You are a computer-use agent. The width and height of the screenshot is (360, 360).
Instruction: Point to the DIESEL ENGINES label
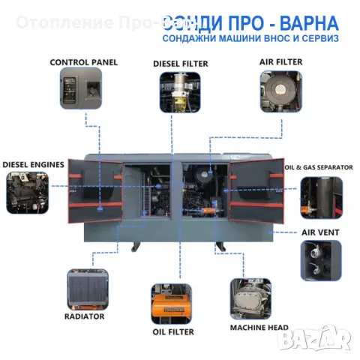(32, 163)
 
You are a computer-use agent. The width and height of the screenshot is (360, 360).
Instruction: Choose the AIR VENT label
(320, 232)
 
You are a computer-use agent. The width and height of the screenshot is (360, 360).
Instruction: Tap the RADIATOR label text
(85, 316)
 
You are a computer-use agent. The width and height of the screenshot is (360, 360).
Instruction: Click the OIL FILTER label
(172, 331)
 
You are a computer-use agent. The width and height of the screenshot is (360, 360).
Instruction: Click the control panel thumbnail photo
(80, 88)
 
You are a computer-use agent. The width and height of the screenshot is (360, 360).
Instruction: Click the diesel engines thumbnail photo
(28, 190)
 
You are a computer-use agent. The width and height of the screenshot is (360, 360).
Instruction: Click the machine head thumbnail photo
(250, 300)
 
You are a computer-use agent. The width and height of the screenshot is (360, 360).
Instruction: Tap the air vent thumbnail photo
(321, 257)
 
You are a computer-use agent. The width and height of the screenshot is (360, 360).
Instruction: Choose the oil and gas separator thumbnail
(321, 196)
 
